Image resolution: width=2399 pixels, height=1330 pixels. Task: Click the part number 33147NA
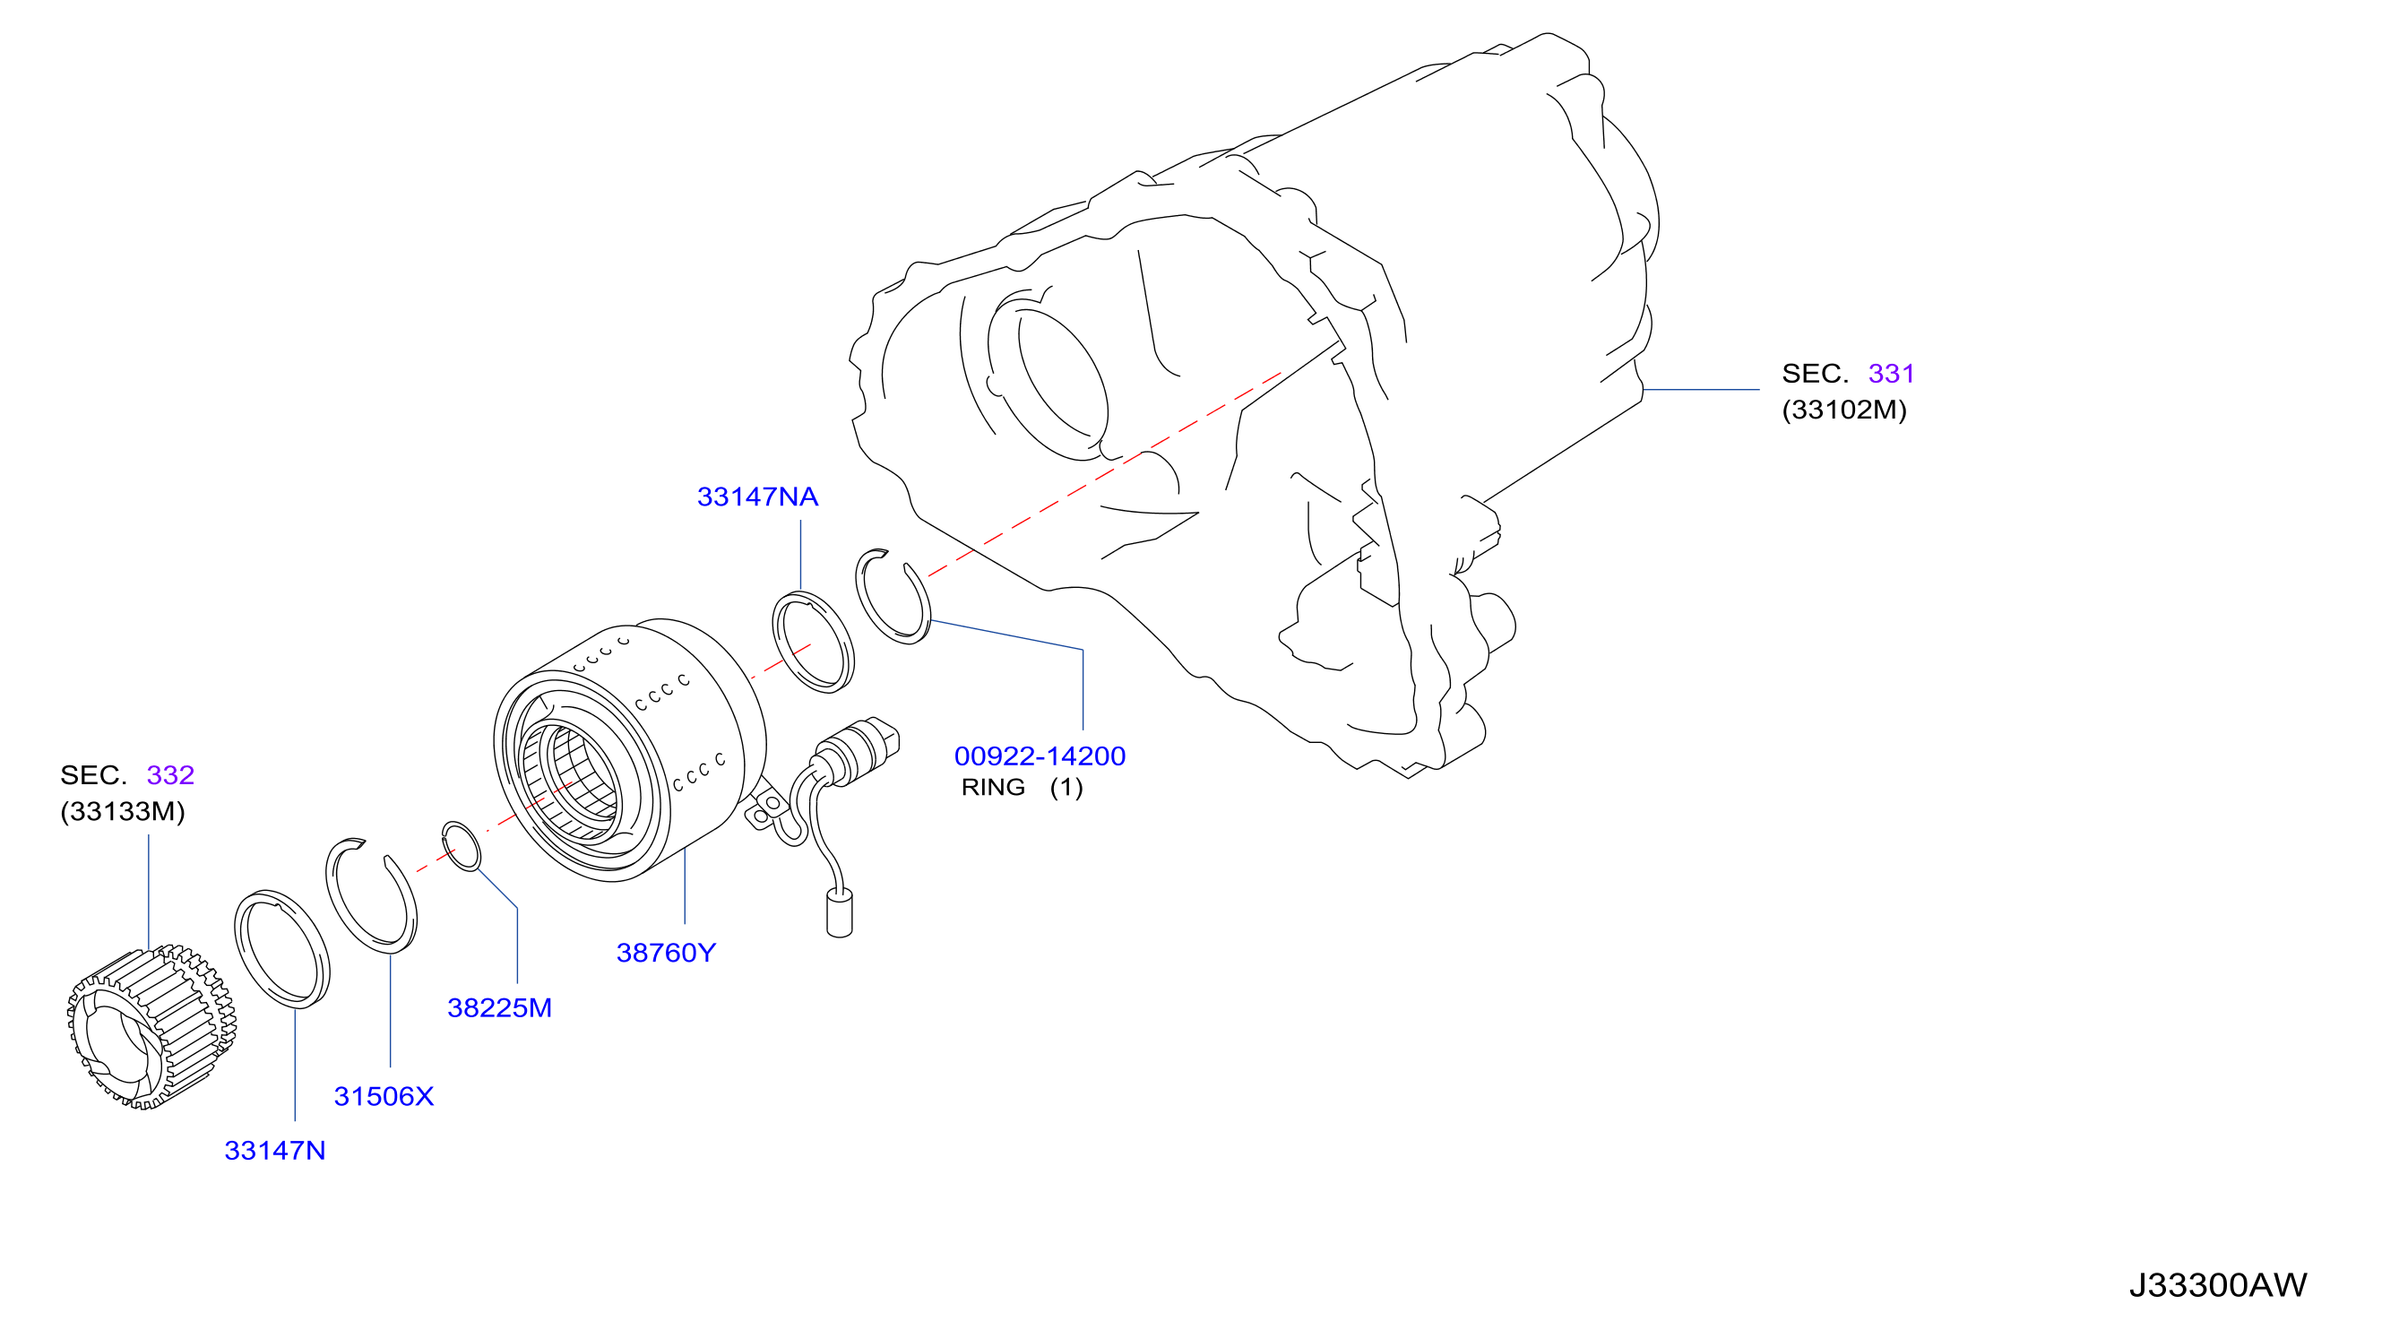pos(757,497)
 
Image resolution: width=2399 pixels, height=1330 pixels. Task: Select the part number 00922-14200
pos(1040,756)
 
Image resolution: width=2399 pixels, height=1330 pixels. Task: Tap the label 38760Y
pos(666,953)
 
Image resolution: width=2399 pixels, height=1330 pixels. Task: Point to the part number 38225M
pos(499,1007)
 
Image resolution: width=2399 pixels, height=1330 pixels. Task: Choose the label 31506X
pos(384,1096)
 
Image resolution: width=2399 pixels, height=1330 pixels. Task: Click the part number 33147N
pos(275,1150)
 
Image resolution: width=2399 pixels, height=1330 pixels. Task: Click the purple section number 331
pos(1892,374)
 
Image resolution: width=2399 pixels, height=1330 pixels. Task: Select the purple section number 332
pos(170,775)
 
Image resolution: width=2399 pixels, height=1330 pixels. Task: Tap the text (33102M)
pos(1844,410)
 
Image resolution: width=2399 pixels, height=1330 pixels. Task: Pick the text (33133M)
pos(123,811)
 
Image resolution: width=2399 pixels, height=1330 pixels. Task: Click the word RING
pos(993,787)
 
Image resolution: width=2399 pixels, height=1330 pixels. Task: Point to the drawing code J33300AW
pos(2217,1285)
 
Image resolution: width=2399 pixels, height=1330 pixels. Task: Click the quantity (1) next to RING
pos(1066,787)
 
